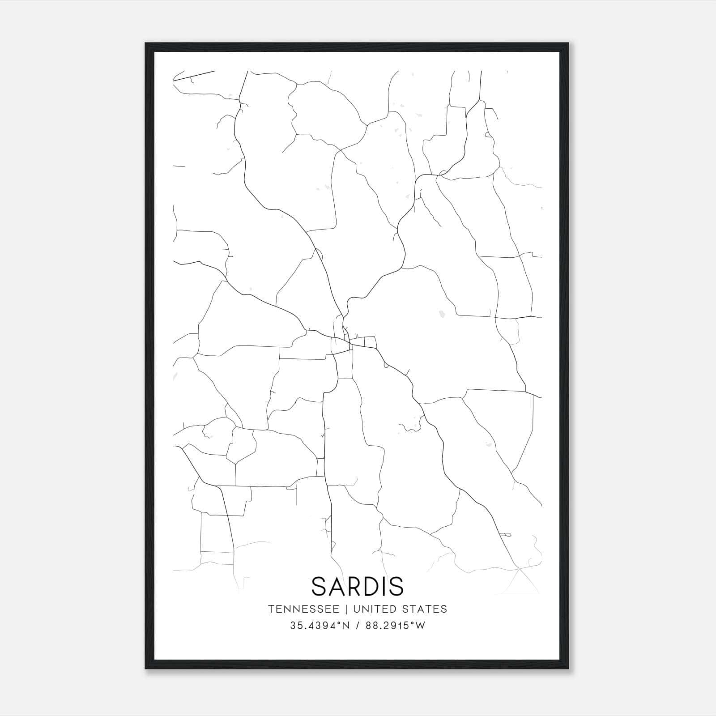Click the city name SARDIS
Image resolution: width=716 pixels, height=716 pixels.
click(x=358, y=586)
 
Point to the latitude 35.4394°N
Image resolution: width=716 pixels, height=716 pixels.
click(x=319, y=626)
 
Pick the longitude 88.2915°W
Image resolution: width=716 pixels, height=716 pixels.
click(x=395, y=626)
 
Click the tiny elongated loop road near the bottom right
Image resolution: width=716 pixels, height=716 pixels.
click(x=505, y=534)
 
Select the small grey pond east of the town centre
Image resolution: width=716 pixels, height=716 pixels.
click(x=442, y=314)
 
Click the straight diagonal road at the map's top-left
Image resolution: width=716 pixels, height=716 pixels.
click(x=194, y=76)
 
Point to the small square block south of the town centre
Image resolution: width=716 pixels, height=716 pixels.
click(x=345, y=367)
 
